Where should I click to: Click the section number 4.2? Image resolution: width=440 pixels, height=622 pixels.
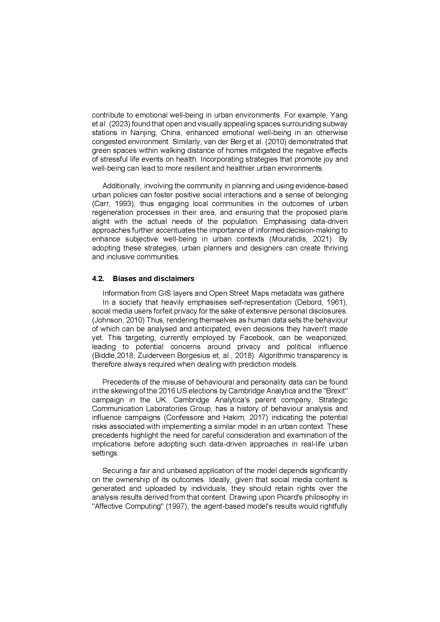pyautogui.click(x=98, y=279)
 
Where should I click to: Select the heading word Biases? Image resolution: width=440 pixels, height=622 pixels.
pyautogui.click(x=124, y=279)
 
